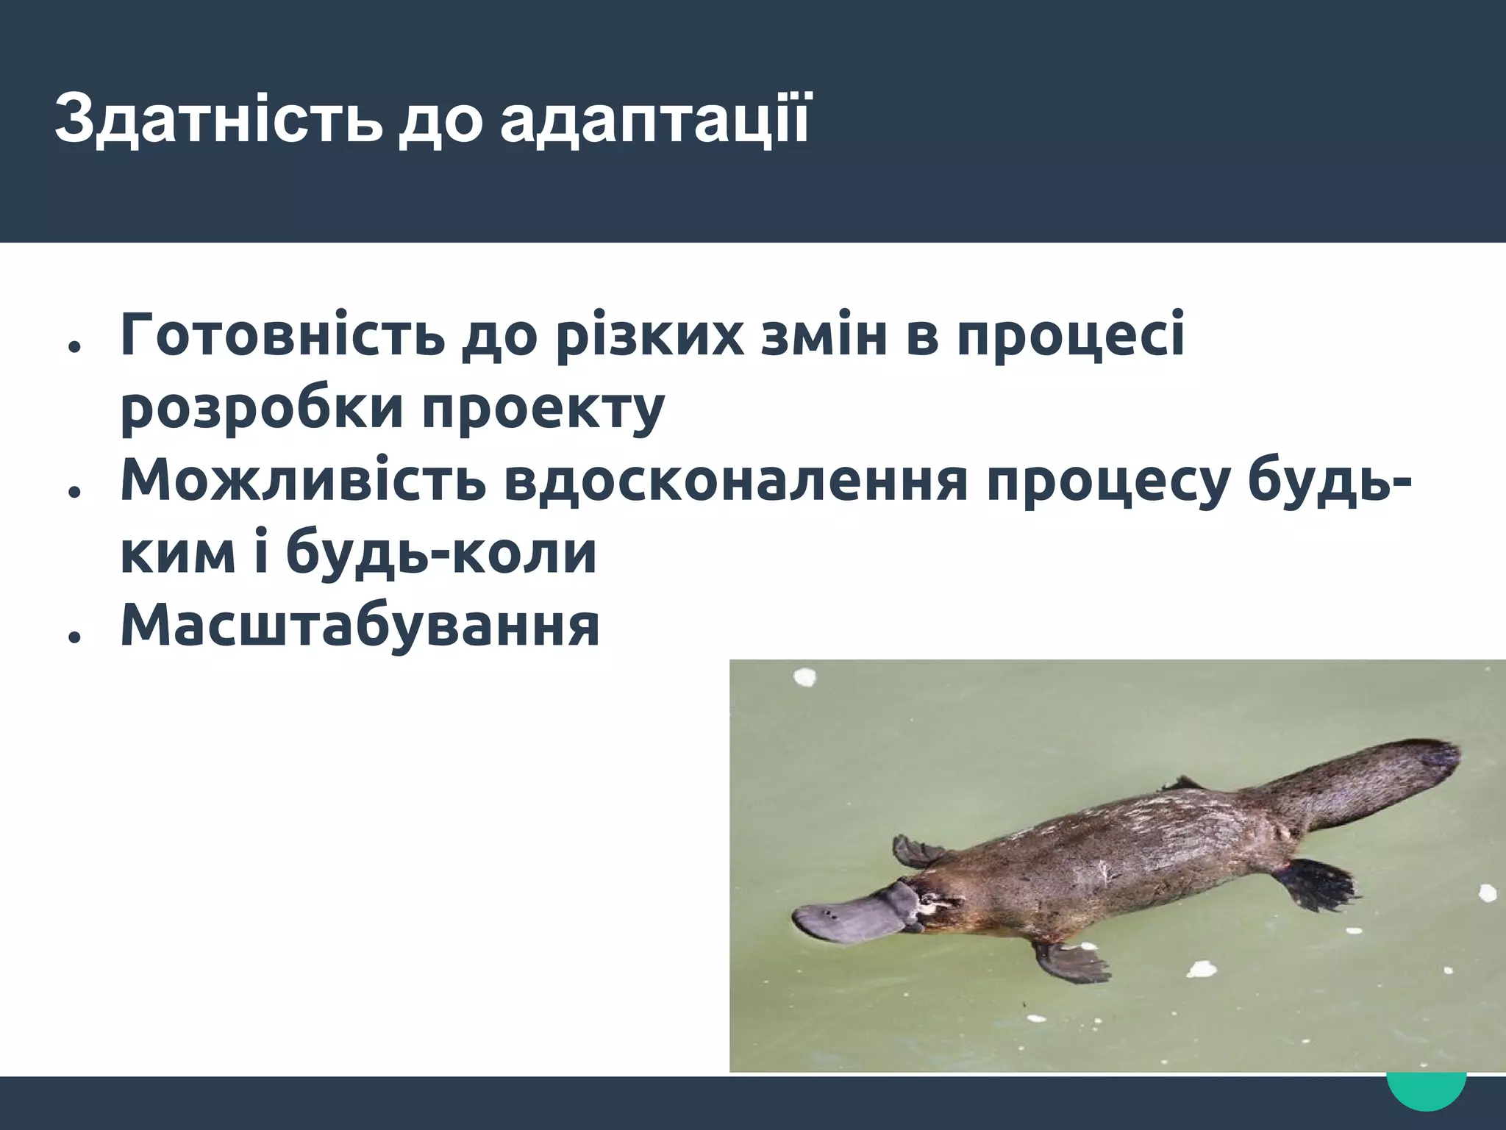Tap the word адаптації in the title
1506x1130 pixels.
654,119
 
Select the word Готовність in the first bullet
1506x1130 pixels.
283,335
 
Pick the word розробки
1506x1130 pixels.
262,409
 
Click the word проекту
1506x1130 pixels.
543,409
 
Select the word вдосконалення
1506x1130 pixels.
735,481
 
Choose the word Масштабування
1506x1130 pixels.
360,626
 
